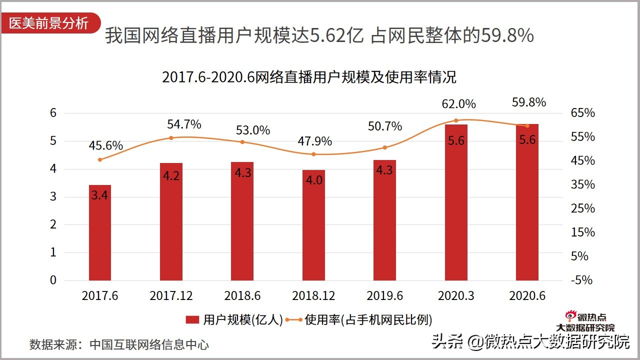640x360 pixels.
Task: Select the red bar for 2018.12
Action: (313, 225)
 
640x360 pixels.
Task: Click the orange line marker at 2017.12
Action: (171, 138)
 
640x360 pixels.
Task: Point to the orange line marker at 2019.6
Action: (384, 147)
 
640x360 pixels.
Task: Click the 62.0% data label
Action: (458, 104)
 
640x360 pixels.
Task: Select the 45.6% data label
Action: (106, 145)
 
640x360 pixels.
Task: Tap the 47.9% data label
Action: (314, 141)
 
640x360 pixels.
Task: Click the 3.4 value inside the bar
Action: (99, 195)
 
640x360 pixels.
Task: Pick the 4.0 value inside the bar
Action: (313, 180)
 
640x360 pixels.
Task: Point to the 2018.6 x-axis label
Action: (242, 295)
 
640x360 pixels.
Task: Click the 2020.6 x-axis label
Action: (527, 295)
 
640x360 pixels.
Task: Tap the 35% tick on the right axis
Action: (583, 184)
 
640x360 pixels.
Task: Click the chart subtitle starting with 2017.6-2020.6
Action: (309, 77)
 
